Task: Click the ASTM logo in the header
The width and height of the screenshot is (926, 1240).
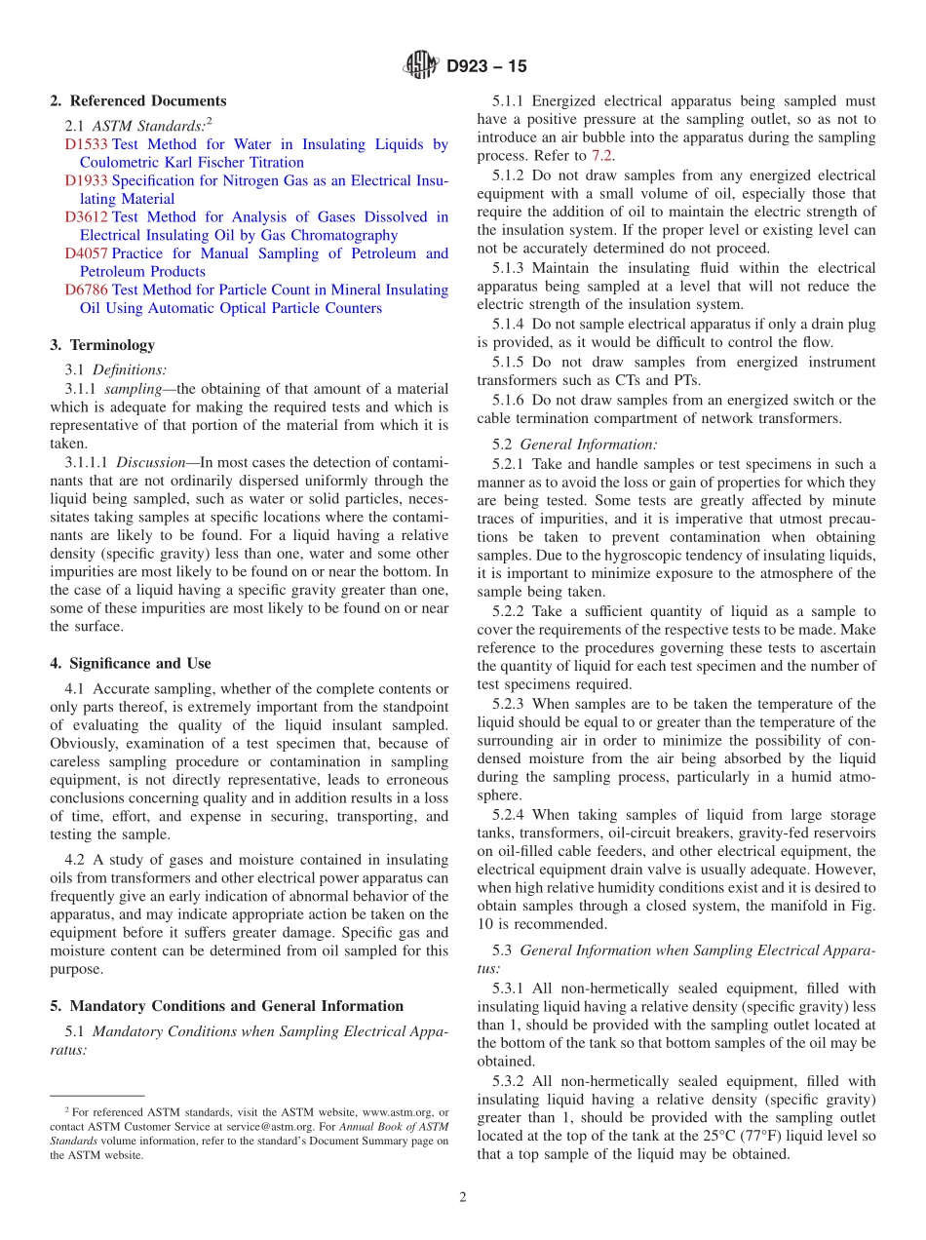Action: [x=421, y=66]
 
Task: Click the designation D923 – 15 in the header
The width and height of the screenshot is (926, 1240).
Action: [x=486, y=67]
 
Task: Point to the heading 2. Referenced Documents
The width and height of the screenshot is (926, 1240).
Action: [x=138, y=101]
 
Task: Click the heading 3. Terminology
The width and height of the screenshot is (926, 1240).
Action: [x=102, y=345]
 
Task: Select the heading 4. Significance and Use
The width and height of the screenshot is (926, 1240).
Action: [x=131, y=664]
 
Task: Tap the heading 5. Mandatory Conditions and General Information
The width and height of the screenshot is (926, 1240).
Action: [x=226, y=1006]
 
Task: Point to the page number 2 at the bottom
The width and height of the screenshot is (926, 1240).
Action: [x=463, y=1198]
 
